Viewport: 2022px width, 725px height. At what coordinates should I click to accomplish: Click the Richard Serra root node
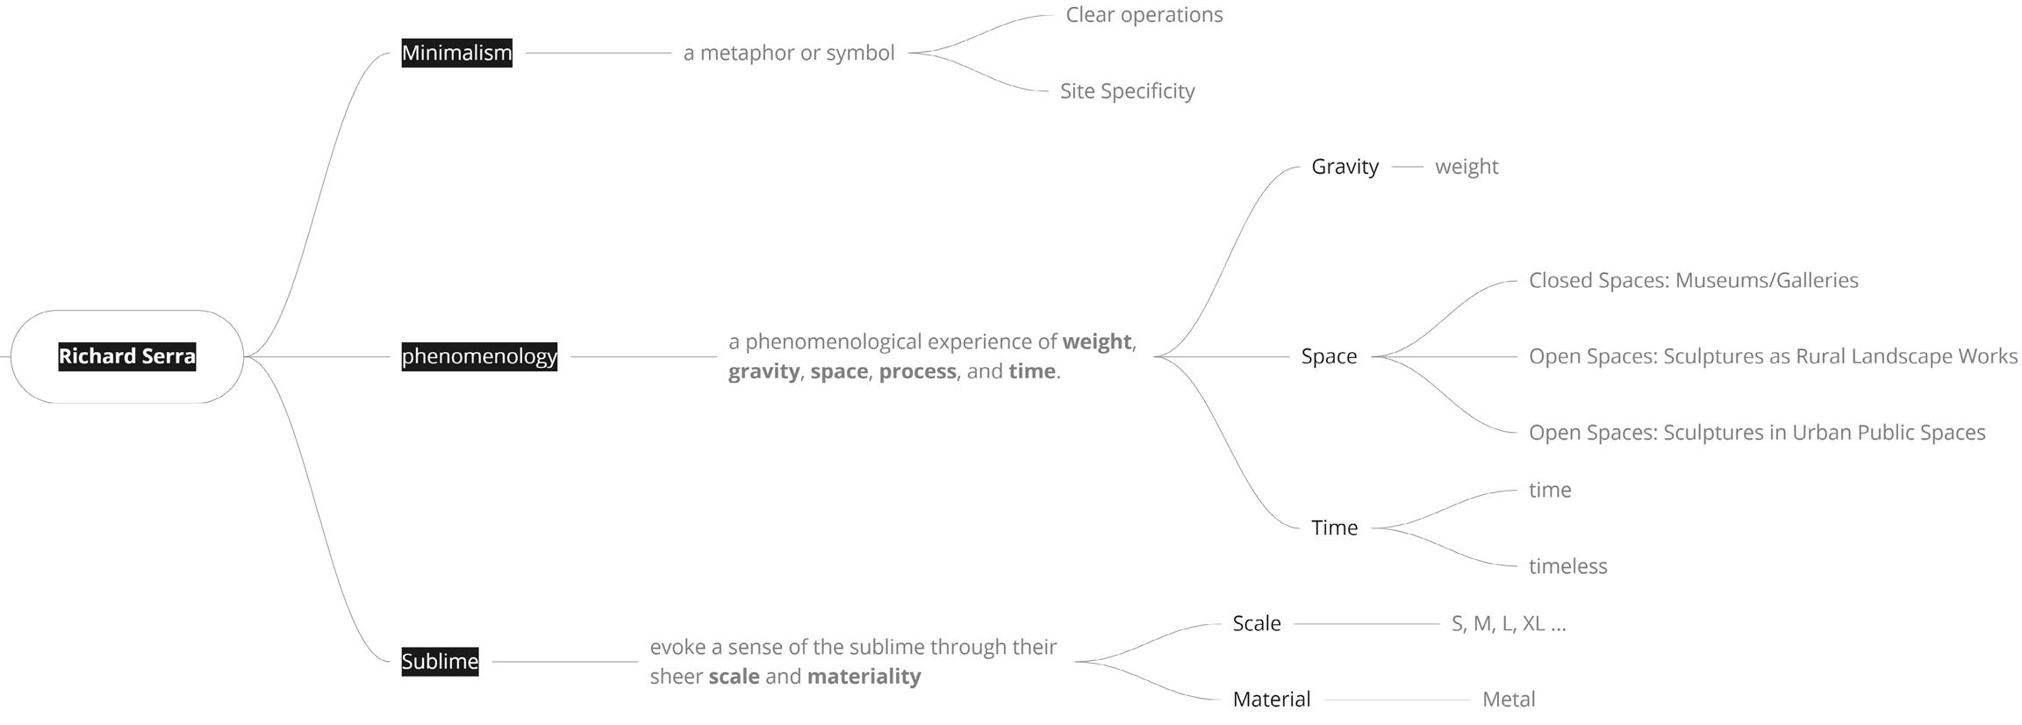pos(127,356)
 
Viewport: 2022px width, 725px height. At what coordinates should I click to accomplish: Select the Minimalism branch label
pos(456,53)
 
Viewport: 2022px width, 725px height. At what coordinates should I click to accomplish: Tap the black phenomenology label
pos(479,356)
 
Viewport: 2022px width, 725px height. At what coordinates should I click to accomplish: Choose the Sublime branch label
pos(440,661)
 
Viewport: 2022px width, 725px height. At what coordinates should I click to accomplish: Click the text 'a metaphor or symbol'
pos(789,53)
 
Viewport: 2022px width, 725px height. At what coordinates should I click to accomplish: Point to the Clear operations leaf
pos(1144,15)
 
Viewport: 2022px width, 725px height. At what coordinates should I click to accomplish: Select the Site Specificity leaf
pos(1127,91)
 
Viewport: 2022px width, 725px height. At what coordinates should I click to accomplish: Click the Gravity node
pos(1344,167)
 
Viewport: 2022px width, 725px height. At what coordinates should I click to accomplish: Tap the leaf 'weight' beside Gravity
pos(1466,167)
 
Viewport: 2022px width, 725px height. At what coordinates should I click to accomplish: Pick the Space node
pos(1329,356)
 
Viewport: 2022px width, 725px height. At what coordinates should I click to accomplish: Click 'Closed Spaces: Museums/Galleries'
pos(1693,281)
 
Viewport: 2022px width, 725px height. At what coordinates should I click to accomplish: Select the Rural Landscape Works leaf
pos(1773,356)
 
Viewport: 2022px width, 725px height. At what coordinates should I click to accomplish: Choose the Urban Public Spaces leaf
pos(1756,433)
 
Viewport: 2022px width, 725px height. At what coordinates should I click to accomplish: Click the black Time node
pos(1334,528)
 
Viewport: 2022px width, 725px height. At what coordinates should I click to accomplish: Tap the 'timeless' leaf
pos(1567,566)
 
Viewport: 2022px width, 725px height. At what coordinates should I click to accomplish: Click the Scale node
pos(1256,623)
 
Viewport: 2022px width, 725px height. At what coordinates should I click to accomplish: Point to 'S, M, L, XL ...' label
pos(1509,623)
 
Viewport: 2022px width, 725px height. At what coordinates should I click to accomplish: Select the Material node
pos(1271,700)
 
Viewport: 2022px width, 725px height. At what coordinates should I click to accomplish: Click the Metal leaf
pos(1509,700)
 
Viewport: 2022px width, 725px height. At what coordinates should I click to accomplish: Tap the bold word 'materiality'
pos(864,677)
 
